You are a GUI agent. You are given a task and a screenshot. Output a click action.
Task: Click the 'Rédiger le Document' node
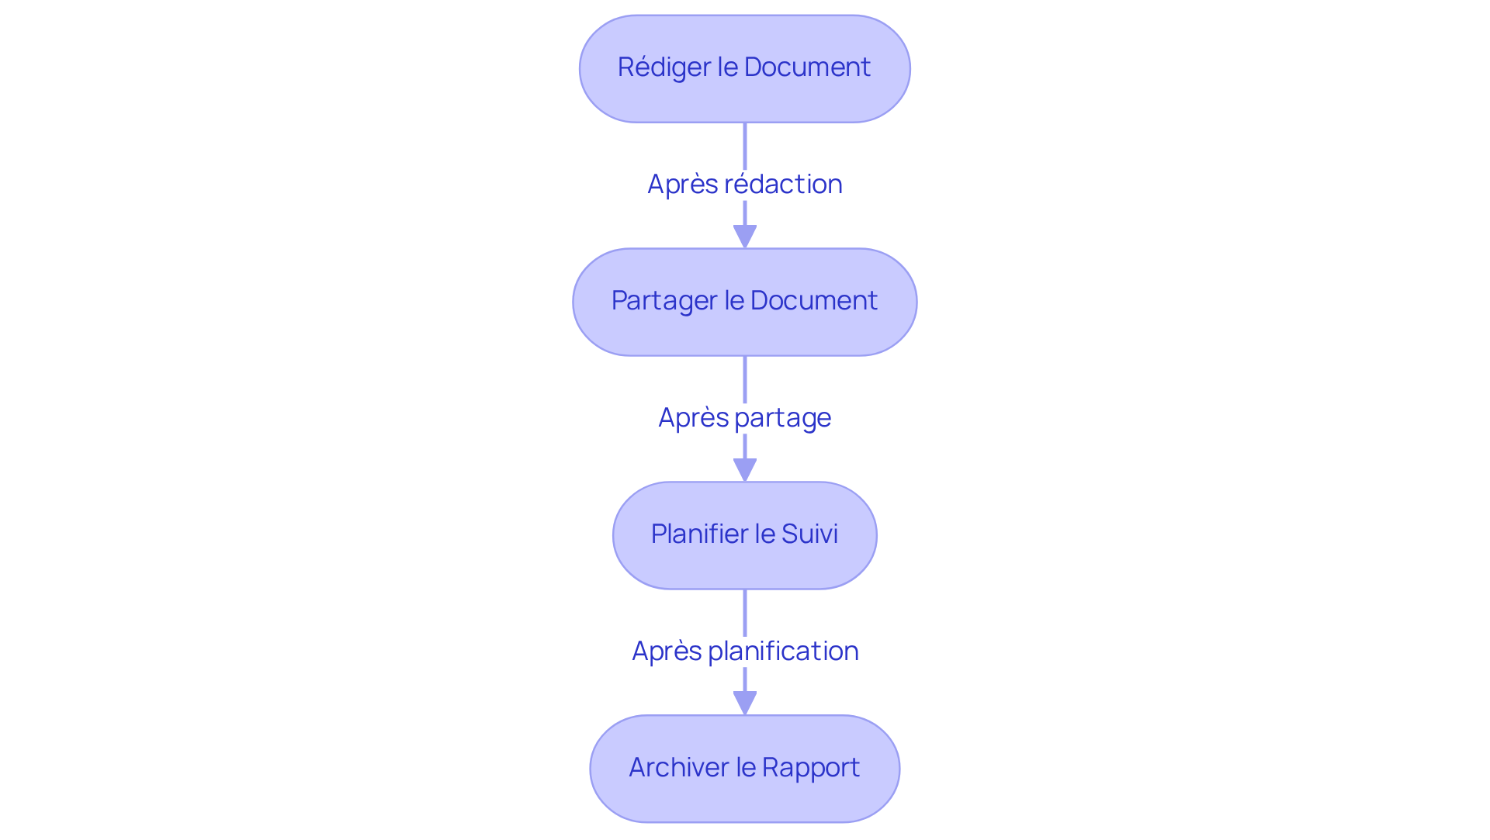744,68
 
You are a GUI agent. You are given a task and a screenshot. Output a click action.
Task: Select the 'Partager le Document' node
744,302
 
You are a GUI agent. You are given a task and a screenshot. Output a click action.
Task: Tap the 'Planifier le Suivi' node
744,535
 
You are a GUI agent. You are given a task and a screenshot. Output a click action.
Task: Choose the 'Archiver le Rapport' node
744,769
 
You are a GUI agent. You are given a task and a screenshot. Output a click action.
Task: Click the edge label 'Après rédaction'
744,185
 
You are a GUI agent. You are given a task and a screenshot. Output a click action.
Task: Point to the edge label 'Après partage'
744,418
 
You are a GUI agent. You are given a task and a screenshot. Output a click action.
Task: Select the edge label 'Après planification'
744,652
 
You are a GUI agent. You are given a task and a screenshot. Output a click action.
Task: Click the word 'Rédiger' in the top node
664,67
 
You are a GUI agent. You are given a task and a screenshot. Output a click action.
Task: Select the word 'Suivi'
809,534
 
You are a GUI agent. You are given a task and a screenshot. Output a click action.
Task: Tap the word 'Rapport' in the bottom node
811,768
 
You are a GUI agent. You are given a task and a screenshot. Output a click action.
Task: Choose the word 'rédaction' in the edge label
783,185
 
